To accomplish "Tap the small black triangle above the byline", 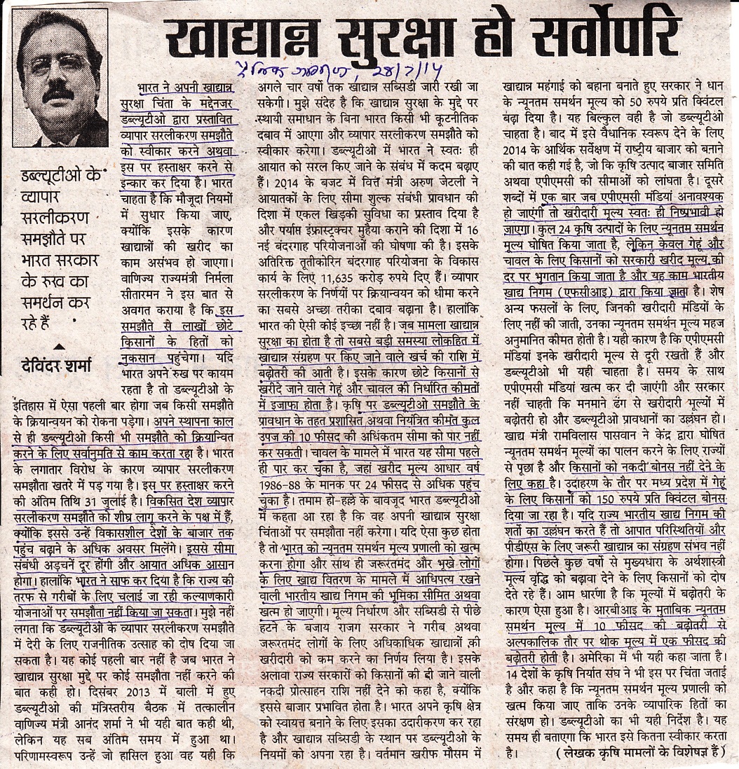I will [60, 346].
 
